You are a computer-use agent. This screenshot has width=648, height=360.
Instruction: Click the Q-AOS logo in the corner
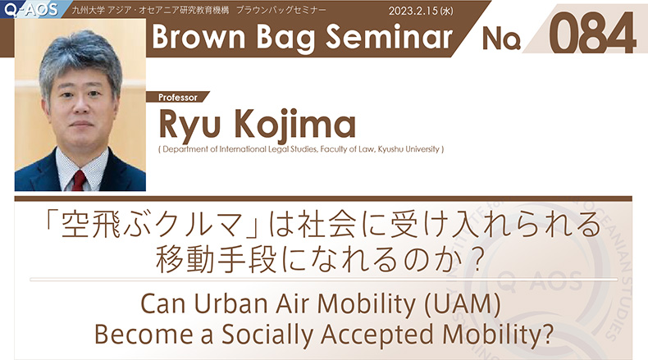click(30, 9)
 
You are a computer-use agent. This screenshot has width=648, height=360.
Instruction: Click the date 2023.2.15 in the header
click(413, 11)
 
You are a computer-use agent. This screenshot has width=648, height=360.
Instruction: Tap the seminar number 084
click(592, 33)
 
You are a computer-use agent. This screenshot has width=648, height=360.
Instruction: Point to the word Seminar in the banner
click(389, 36)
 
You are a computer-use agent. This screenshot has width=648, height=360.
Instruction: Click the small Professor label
click(178, 98)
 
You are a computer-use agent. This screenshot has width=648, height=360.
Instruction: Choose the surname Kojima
click(295, 125)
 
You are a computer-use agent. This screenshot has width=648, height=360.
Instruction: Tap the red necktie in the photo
click(79, 180)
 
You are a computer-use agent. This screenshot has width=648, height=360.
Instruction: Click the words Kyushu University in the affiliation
click(408, 149)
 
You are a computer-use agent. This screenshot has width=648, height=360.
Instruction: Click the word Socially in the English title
click(267, 335)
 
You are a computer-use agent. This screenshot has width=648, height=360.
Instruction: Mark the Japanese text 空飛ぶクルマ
click(151, 226)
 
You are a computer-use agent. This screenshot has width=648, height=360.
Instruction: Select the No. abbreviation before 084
click(501, 39)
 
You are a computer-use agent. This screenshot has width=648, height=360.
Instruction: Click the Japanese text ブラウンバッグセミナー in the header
click(281, 11)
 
